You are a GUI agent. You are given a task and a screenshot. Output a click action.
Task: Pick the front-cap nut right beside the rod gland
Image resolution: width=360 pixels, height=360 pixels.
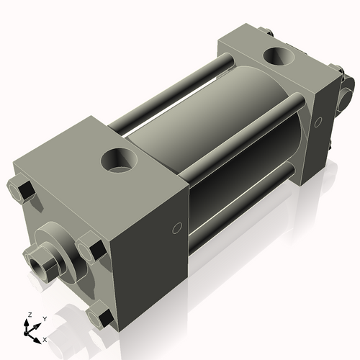[x=91, y=250]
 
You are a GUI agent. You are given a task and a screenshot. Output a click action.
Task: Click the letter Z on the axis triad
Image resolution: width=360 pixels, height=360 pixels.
[x=29, y=315]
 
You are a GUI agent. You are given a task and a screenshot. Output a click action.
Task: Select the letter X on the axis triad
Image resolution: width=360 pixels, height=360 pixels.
[x=45, y=338]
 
